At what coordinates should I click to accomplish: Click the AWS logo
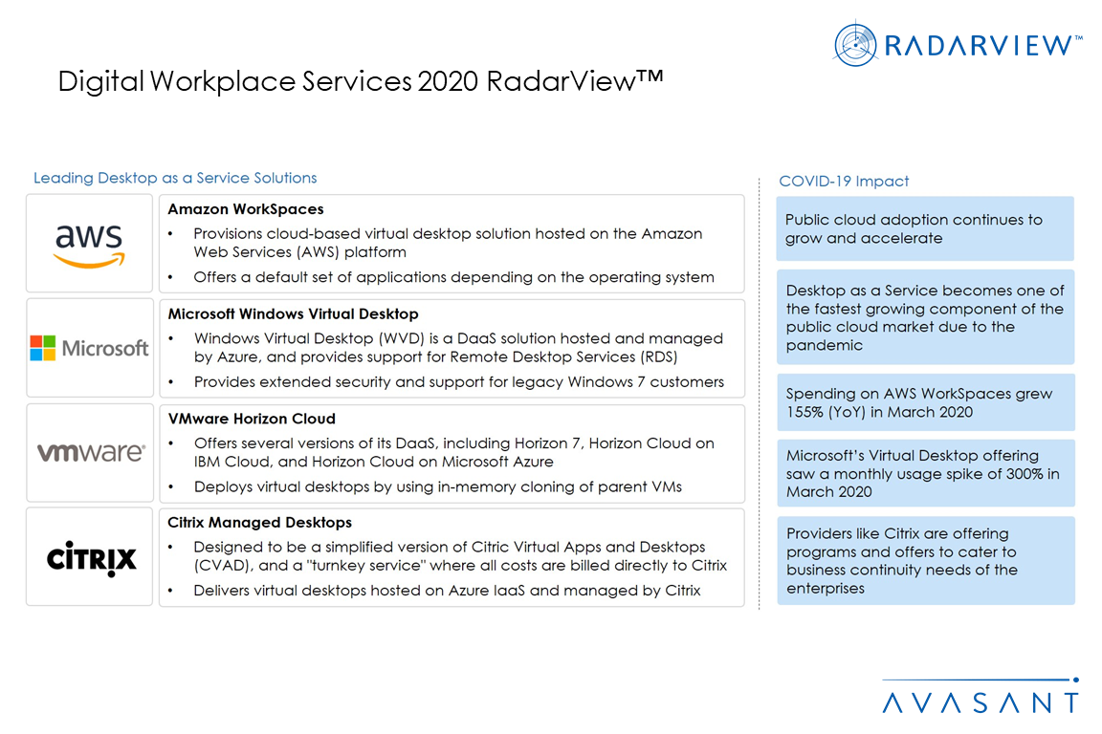point(89,245)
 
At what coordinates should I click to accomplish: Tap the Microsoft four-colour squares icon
point(43,348)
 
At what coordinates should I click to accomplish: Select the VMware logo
point(91,452)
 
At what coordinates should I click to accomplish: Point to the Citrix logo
point(91,558)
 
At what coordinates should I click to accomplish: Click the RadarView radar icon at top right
point(855,44)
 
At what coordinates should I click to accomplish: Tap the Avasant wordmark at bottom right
point(981,703)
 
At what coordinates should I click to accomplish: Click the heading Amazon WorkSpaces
point(246,209)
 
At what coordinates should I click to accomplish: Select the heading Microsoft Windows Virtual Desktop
point(293,313)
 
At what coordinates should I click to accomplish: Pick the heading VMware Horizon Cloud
point(252,419)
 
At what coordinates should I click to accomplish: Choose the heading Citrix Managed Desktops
point(259,523)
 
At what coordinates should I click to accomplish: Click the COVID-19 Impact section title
point(844,182)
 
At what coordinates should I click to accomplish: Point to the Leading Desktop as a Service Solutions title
point(175,178)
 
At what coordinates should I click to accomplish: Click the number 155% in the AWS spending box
point(804,412)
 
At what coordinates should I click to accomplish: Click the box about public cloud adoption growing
point(924,229)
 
